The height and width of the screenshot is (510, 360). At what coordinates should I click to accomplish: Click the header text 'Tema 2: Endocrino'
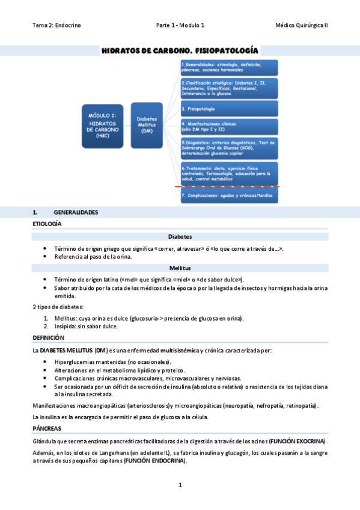pyautogui.click(x=56, y=25)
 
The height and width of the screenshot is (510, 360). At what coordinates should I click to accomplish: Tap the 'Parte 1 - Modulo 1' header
pyautogui.click(x=180, y=25)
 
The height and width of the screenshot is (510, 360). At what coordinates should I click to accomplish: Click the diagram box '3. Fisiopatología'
pyautogui.click(x=228, y=109)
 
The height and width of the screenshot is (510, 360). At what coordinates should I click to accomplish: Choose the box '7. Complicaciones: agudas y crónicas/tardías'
pyautogui.click(x=228, y=195)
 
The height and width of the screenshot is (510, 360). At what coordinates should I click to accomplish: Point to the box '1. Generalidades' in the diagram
pyautogui.click(x=228, y=67)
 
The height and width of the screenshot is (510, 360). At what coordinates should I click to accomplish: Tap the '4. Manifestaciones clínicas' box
pyautogui.click(x=228, y=126)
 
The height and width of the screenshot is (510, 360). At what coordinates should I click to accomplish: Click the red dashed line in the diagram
pyautogui.click(x=228, y=187)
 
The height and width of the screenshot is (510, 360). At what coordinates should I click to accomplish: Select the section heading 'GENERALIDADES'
pyautogui.click(x=76, y=212)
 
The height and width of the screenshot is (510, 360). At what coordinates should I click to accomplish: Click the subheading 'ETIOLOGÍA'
pyautogui.click(x=47, y=224)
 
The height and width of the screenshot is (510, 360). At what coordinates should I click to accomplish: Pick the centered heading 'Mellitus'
pyautogui.click(x=180, y=268)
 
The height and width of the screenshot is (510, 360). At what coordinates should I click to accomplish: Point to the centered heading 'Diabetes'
pyautogui.click(x=180, y=236)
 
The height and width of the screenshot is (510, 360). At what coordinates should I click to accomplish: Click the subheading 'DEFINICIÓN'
pyautogui.click(x=47, y=338)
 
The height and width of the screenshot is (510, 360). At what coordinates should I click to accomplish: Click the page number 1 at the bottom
pyautogui.click(x=180, y=485)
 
